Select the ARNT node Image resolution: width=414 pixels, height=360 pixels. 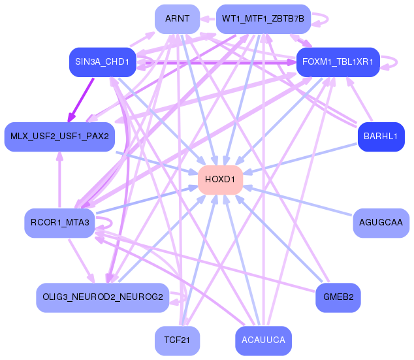pos(177,19)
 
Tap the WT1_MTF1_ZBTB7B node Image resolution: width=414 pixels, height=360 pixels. pos(263,19)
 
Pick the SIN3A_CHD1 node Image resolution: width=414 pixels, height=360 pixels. pos(101,62)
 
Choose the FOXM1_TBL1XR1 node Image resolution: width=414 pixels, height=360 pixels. pos(338,62)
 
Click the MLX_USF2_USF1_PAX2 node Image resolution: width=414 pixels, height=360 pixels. pos(59,137)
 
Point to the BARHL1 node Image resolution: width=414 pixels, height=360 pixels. pos(381,137)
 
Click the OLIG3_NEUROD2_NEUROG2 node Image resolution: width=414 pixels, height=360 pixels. pos(103,298)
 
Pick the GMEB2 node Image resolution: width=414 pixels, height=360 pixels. pos(338,298)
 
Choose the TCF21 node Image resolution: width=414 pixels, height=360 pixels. pos(177,340)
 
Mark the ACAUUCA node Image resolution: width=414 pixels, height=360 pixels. pos(263,340)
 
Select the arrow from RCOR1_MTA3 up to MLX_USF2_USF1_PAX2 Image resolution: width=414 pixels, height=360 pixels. pos(59,180)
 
